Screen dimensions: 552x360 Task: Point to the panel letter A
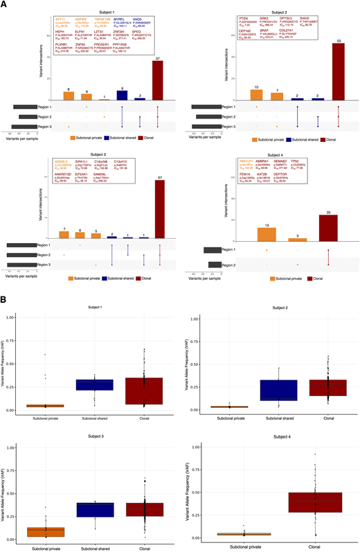tap(5, 5)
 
